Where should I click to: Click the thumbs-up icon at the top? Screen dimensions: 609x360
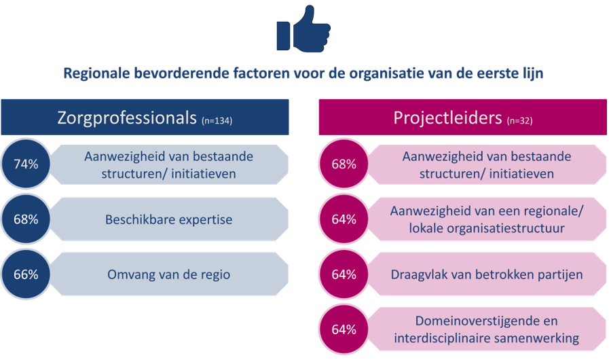[x=303, y=29]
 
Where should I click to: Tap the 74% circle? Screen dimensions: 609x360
[x=26, y=164]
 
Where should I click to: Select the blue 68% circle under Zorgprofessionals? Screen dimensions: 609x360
[x=26, y=219]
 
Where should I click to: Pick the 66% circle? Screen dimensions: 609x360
[x=26, y=274]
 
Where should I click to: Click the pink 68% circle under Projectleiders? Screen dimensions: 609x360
[x=344, y=164]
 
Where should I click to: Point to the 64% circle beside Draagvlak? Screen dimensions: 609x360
[x=344, y=274]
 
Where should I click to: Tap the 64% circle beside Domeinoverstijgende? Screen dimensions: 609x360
[x=344, y=329]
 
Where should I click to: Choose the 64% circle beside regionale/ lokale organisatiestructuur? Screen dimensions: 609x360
[x=344, y=219]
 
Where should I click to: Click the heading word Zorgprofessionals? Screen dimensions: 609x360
[x=127, y=118]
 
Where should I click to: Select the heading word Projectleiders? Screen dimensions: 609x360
[x=447, y=118]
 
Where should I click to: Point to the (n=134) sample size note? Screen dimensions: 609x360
[x=217, y=121]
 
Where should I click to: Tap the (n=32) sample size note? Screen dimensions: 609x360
[x=519, y=121]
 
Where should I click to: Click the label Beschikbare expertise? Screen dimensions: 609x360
[x=168, y=219]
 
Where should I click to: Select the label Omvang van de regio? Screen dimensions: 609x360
[x=168, y=274]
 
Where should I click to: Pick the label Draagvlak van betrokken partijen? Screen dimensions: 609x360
[x=487, y=274]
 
